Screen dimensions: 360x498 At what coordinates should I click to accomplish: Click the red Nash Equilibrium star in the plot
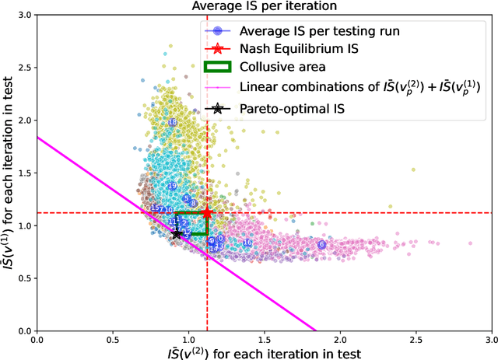[x=207, y=212]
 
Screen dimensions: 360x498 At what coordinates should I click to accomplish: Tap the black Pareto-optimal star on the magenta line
[x=177, y=233]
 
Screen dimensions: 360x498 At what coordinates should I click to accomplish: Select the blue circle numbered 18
[x=173, y=123]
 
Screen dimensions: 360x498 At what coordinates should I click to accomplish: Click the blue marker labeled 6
[x=321, y=244]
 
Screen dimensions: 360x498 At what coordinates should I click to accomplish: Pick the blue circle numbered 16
[x=247, y=243]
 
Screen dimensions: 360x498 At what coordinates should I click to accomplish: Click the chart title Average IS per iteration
[x=265, y=6]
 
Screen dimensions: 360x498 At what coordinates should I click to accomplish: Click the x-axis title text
[x=265, y=354]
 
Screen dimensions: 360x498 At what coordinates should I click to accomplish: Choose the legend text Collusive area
[x=282, y=67]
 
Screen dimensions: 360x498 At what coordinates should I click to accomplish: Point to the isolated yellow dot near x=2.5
[x=413, y=170]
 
